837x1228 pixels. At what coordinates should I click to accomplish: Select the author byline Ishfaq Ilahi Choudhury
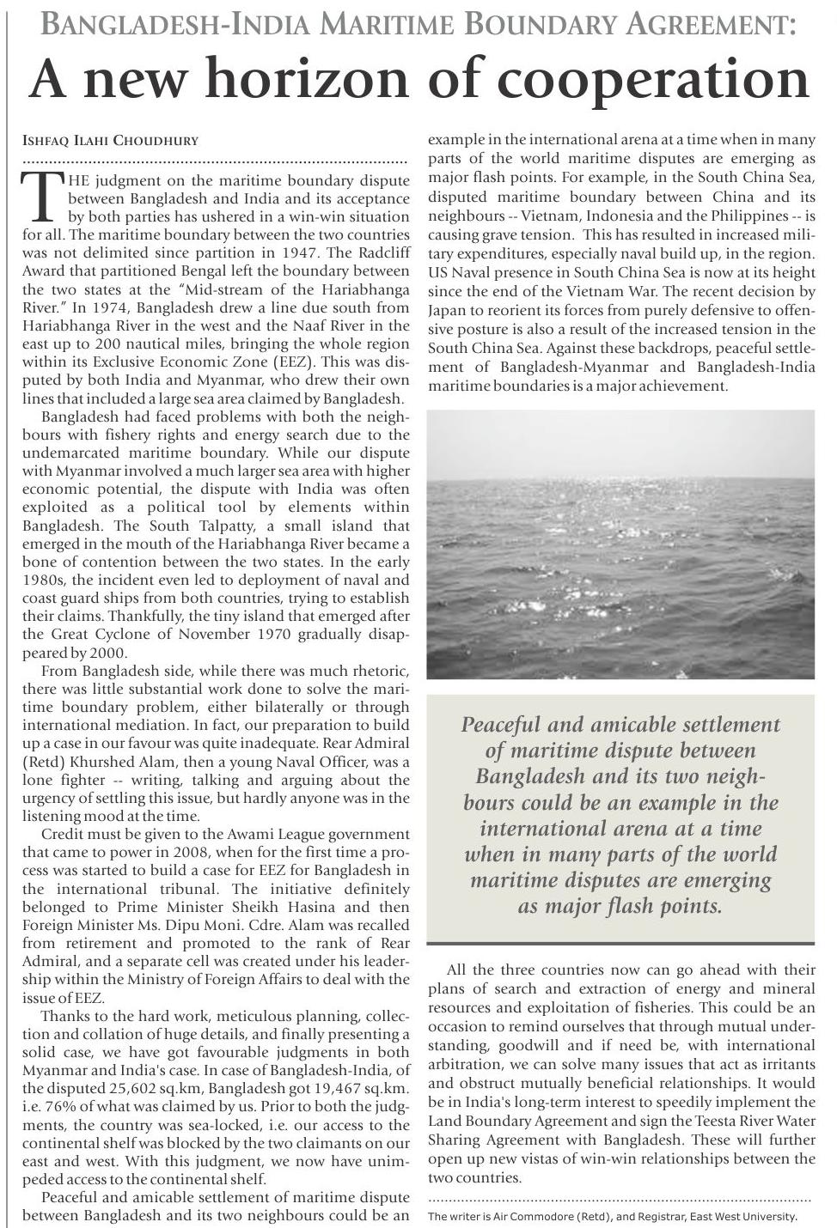click(x=110, y=140)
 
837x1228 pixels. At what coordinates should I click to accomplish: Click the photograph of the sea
click(x=620, y=544)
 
